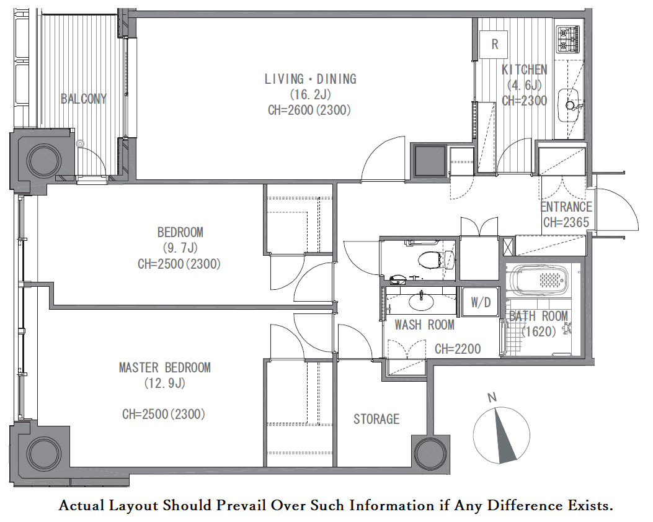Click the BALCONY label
point(84,99)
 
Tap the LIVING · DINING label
point(310,79)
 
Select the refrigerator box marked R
point(494,44)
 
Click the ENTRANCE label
point(566,207)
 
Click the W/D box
point(481,302)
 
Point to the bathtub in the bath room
point(540,281)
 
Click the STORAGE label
point(376,419)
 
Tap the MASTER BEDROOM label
point(164,367)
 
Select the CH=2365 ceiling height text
point(566,222)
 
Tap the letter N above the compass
point(492,397)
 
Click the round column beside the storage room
point(430,454)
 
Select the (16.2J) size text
point(310,94)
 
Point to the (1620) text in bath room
point(540,332)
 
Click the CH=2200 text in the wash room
point(458,349)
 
